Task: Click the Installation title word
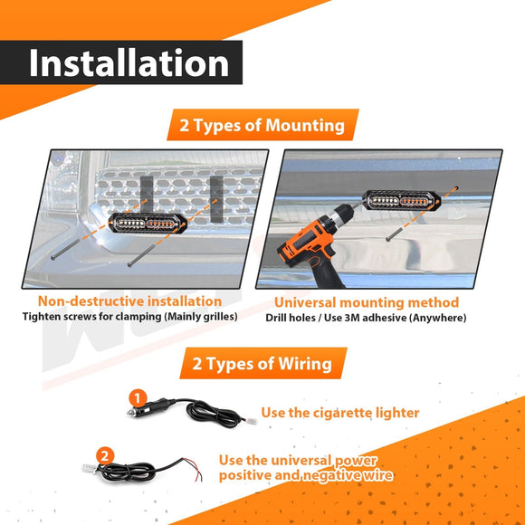(129, 62)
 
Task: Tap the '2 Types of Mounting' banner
(262, 125)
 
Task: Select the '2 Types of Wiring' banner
(262, 363)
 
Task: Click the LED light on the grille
(148, 223)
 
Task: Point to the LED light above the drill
(401, 200)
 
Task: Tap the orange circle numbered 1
(138, 398)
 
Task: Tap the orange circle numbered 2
(105, 456)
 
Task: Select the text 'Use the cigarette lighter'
(339, 413)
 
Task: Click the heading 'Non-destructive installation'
(130, 301)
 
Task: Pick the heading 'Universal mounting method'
(367, 302)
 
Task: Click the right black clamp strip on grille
(216, 199)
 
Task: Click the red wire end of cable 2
(200, 476)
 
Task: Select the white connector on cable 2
(89, 468)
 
